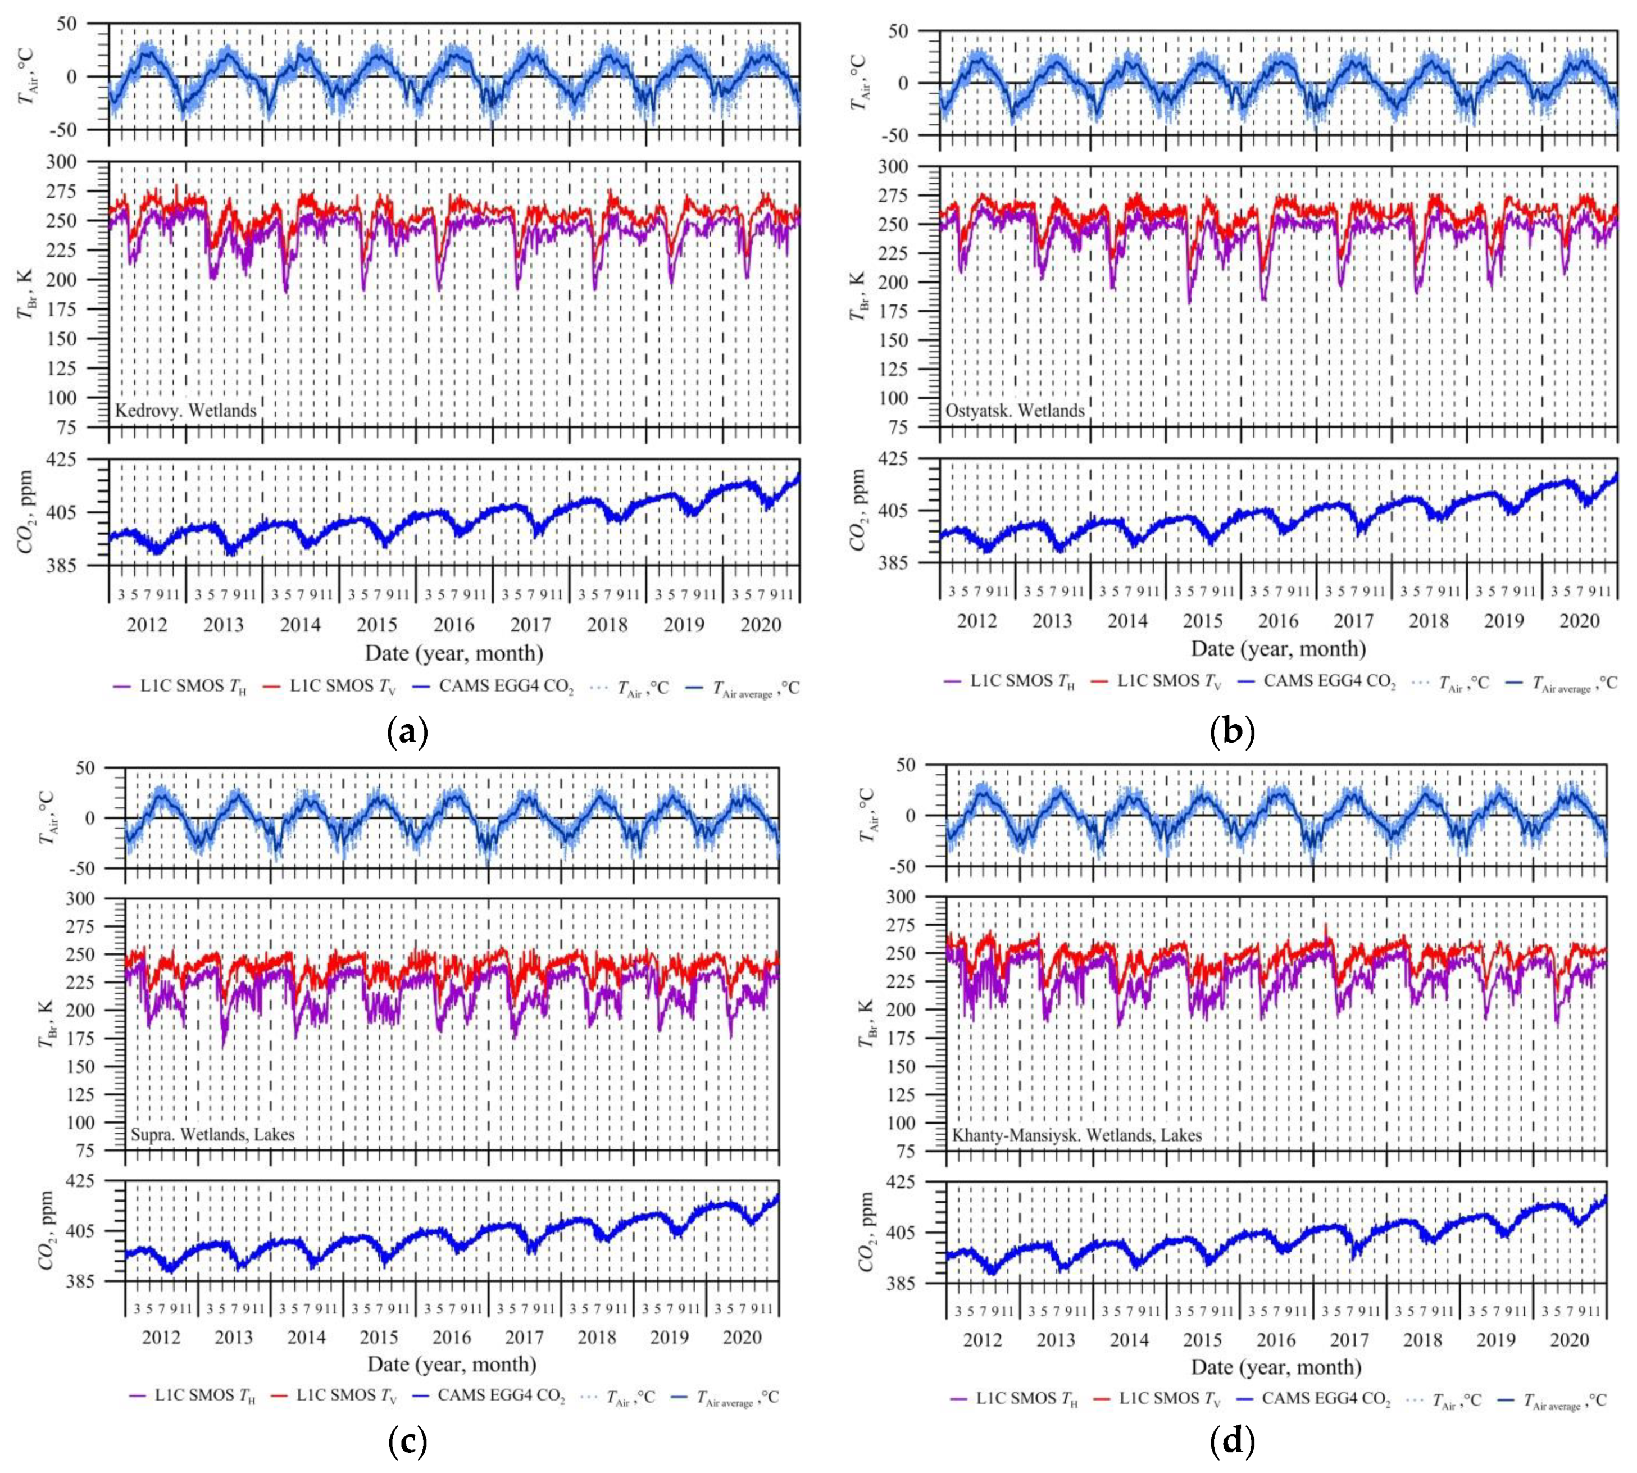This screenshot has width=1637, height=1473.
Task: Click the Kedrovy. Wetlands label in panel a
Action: [x=185, y=410]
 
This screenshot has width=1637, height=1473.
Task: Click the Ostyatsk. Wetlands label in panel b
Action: [x=1015, y=410]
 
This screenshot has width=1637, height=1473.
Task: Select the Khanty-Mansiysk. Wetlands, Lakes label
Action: [x=1076, y=1135]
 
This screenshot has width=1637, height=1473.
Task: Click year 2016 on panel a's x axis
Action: [x=454, y=625]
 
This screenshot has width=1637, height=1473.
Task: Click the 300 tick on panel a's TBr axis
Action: [x=84, y=162]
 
